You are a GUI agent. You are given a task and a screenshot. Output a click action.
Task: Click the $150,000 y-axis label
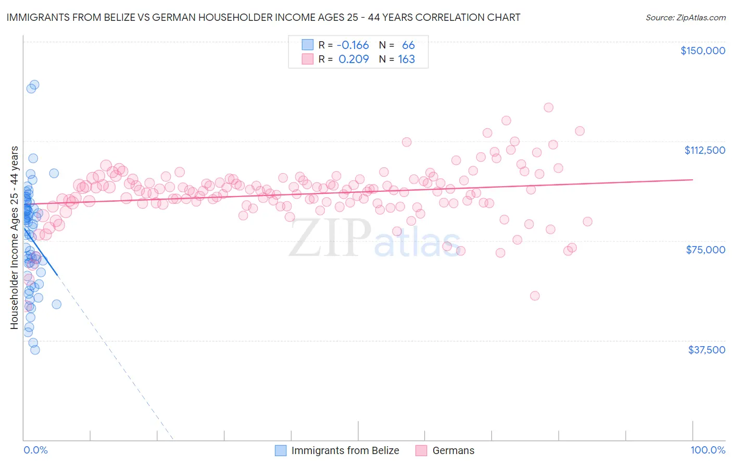click(x=702, y=51)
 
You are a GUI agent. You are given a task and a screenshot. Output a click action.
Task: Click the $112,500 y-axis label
click(x=704, y=150)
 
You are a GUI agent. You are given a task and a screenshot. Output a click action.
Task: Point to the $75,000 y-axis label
click(x=705, y=250)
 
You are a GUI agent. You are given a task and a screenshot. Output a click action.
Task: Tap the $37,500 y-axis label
click(x=706, y=350)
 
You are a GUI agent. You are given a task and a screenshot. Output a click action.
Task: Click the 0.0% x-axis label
click(x=35, y=450)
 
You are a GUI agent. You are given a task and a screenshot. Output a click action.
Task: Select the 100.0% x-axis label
click(x=708, y=450)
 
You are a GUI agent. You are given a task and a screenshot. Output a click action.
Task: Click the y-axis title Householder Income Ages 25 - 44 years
click(x=14, y=238)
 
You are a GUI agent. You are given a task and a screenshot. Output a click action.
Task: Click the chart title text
click(x=263, y=17)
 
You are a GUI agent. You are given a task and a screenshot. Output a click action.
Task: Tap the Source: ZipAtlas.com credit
click(x=685, y=18)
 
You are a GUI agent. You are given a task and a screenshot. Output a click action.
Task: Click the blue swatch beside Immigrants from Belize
click(x=281, y=451)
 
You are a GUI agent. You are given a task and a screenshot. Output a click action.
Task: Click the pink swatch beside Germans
click(x=421, y=451)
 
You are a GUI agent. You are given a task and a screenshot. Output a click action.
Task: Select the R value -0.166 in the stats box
click(x=352, y=45)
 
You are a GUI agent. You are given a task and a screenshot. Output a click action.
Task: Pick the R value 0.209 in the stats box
click(x=354, y=59)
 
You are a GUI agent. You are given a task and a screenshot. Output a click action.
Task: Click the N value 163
click(x=406, y=59)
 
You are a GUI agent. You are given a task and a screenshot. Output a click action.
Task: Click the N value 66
click(x=408, y=45)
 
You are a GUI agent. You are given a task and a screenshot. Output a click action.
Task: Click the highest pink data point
click(x=548, y=107)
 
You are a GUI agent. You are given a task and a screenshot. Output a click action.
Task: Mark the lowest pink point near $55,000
click(x=535, y=296)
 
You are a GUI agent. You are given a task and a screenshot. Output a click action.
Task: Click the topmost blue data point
click(x=34, y=84)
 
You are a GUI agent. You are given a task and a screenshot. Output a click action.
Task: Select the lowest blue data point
click(x=35, y=350)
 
